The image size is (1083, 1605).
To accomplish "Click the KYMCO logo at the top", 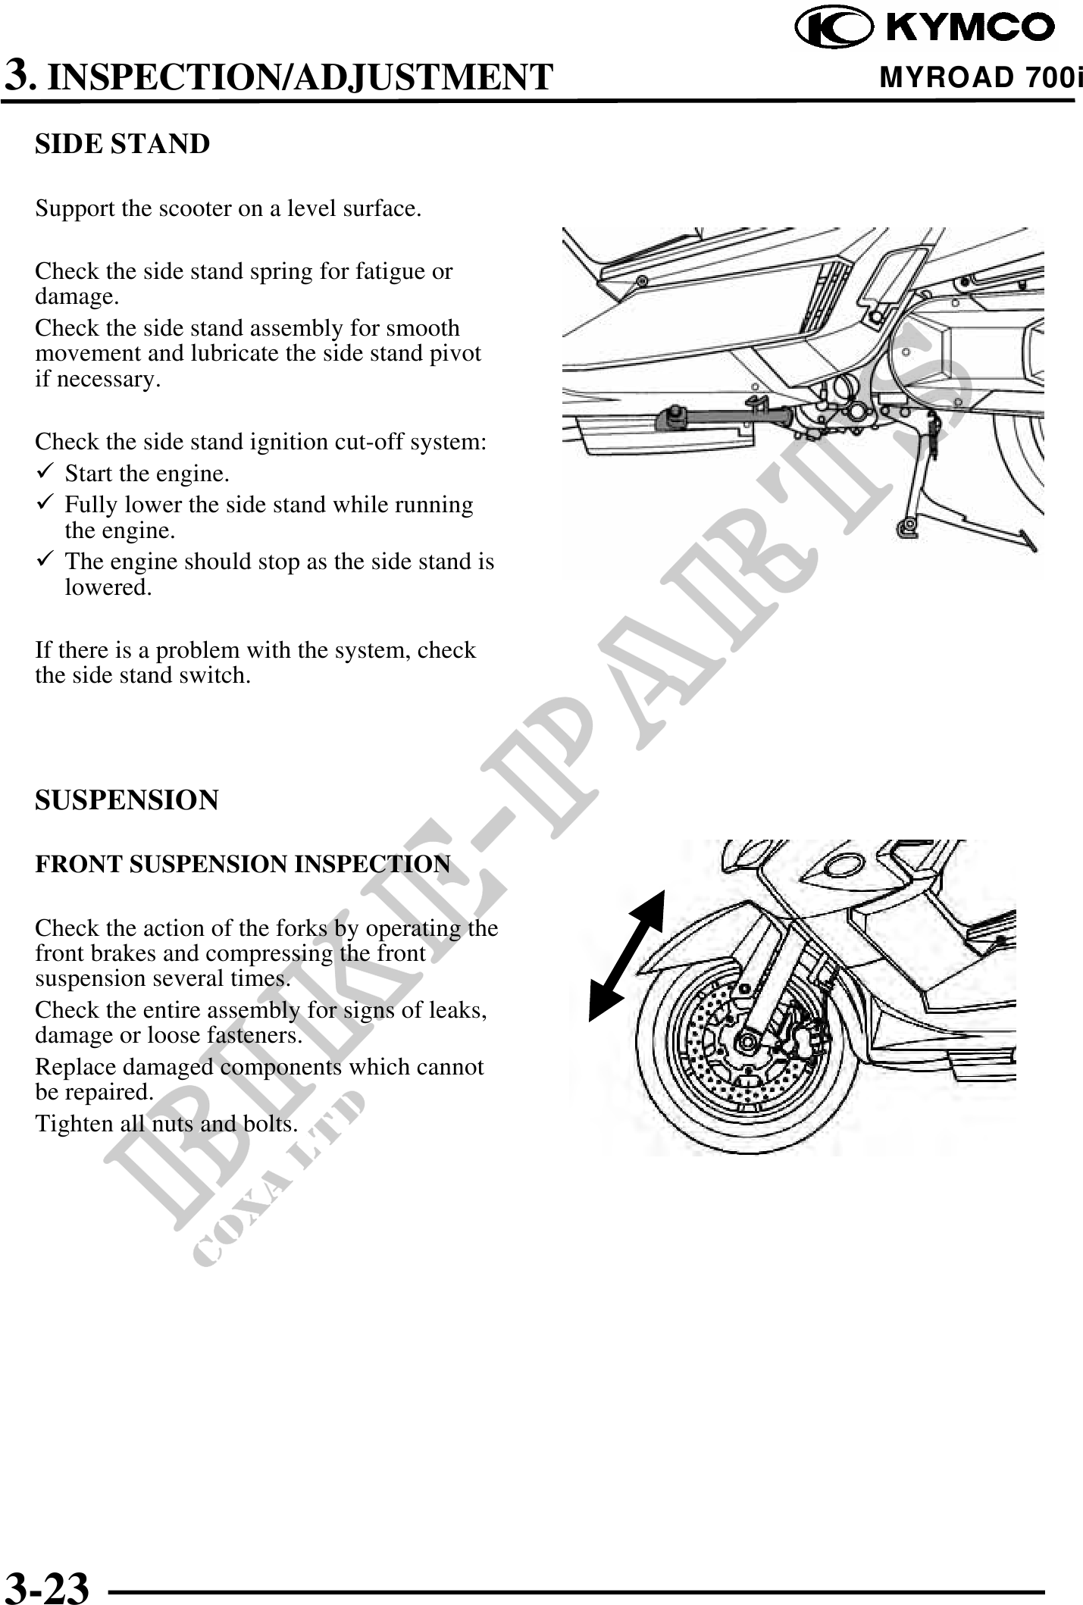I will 925,28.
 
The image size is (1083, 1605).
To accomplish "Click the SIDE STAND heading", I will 122,144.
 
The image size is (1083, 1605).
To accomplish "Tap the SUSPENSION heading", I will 127,800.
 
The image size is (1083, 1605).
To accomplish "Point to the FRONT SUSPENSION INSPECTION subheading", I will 243,864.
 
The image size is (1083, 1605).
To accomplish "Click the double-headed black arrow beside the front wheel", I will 626,956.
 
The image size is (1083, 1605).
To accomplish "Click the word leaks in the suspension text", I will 459,1010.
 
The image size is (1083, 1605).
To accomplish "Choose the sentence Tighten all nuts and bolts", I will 166,1124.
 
